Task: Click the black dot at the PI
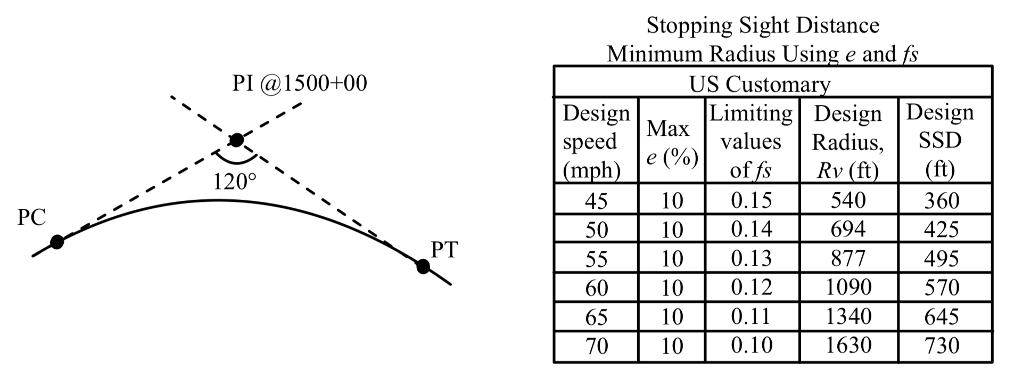[x=236, y=140]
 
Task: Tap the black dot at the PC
[x=57, y=242]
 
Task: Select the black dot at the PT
[x=423, y=266]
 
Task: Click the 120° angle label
[x=234, y=182]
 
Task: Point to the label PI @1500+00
[x=299, y=84]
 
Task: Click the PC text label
[x=31, y=217]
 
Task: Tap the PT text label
[x=443, y=250]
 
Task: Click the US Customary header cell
[x=760, y=84]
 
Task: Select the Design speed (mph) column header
[x=596, y=142]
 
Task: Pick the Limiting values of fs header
[x=751, y=142]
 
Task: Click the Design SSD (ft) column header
[x=940, y=141]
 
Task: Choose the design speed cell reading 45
[x=596, y=201]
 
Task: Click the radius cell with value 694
[x=848, y=229]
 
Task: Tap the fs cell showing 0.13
[x=751, y=258]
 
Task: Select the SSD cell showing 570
[x=941, y=288]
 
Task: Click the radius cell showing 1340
[x=848, y=317]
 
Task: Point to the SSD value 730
[x=941, y=346]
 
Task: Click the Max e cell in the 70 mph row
[x=672, y=346]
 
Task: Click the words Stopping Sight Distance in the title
[x=762, y=26]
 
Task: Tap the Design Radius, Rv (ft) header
[x=848, y=142]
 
